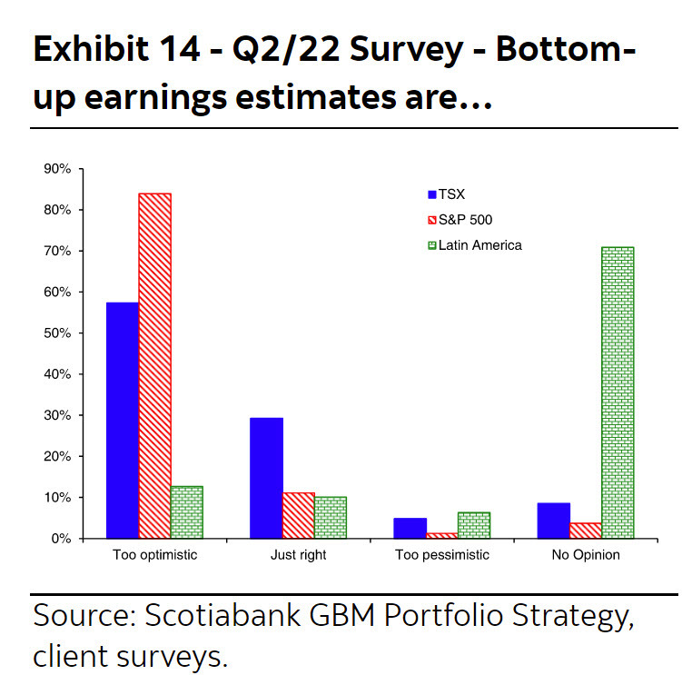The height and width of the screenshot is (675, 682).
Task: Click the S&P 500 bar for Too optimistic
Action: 154,365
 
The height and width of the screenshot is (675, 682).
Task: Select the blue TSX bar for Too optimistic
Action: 123,420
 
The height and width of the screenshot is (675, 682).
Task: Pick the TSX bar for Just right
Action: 267,478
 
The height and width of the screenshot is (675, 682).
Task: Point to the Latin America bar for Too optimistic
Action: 186,512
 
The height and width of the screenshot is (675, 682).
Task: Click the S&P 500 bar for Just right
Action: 299,515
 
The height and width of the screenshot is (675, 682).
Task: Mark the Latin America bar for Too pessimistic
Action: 474,525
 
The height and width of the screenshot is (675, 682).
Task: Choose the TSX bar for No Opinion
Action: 554,521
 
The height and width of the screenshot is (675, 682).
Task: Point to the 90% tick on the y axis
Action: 58,169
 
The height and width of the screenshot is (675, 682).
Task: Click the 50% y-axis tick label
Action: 58,333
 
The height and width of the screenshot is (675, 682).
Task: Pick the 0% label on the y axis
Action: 62,539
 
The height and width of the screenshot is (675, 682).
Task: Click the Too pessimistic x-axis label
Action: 442,554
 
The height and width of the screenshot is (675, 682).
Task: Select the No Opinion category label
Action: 586,554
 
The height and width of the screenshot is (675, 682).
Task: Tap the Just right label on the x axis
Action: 299,554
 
